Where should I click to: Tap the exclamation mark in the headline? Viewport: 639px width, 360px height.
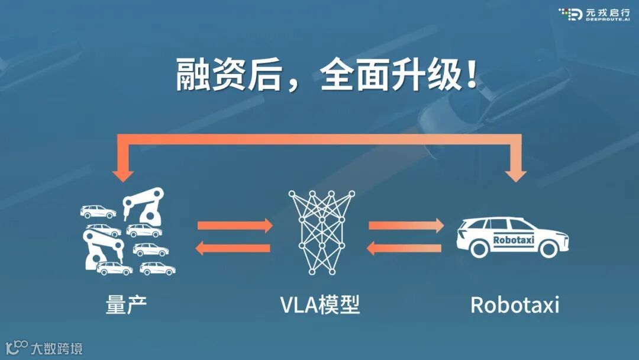coord(472,75)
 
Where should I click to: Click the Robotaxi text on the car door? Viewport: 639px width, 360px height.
coord(513,240)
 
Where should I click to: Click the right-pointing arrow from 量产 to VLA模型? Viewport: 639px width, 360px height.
coord(235,226)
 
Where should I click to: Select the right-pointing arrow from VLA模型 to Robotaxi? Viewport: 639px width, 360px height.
coord(406,226)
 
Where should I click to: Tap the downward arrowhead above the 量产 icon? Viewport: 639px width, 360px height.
coord(123,174)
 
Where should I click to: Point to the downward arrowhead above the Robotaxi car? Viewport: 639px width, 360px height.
coord(517,174)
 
